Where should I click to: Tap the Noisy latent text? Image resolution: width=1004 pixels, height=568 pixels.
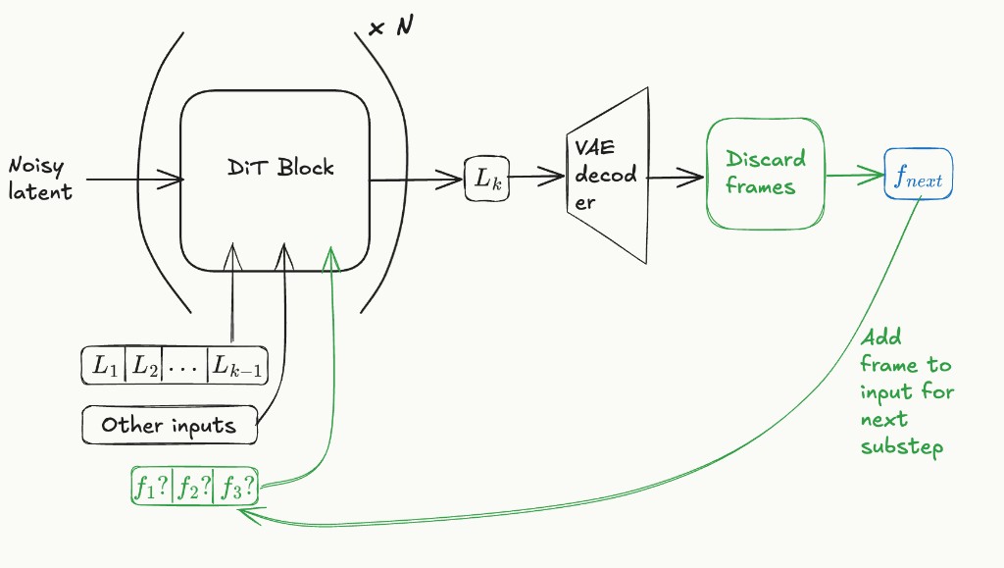(x=41, y=179)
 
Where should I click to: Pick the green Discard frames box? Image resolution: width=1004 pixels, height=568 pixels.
(x=765, y=172)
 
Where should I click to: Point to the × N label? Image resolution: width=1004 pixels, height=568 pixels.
(x=390, y=27)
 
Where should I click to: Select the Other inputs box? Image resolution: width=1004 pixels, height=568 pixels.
(x=169, y=426)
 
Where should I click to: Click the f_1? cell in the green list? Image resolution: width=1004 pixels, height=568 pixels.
(x=152, y=486)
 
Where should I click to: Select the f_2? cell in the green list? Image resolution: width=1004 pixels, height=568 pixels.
(x=192, y=486)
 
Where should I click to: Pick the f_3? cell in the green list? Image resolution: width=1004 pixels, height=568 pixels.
(x=235, y=486)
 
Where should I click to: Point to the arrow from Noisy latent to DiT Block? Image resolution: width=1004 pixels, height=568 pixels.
(x=132, y=180)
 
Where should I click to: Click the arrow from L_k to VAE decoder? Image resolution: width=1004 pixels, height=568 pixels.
(x=535, y=178)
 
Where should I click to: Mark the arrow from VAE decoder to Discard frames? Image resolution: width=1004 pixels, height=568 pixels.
(x=675, y=178)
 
